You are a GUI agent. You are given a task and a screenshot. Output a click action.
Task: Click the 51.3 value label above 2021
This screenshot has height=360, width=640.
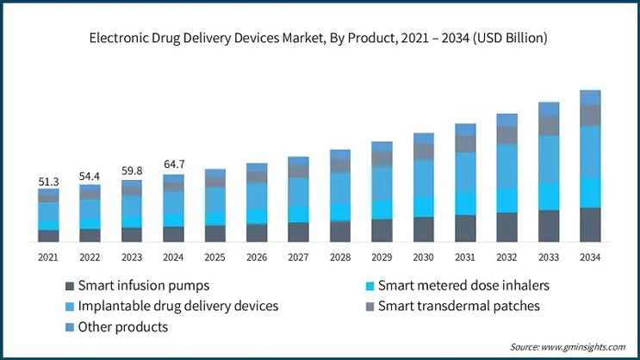point(48,182)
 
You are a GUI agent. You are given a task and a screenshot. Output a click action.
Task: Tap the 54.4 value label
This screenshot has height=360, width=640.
point(90,177)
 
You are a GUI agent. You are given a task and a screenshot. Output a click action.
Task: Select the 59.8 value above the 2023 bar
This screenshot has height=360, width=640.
point(132,171)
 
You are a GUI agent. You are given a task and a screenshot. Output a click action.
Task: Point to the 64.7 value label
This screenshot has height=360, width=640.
point(173,164)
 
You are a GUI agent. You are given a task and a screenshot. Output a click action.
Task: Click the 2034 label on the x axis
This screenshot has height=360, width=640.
point(590,257)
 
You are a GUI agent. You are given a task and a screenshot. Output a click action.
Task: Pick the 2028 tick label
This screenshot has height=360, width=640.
point(340,257)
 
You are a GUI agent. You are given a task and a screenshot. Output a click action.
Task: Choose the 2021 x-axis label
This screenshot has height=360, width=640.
point(48,257)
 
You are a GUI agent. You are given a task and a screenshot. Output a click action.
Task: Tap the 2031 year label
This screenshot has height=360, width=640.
point(465,257)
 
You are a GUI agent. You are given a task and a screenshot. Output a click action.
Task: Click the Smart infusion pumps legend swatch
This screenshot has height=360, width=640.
point(68,285)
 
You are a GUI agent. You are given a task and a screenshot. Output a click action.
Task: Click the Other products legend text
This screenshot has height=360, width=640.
point(123,327)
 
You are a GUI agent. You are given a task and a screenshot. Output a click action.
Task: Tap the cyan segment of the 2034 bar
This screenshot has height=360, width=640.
point(590,192)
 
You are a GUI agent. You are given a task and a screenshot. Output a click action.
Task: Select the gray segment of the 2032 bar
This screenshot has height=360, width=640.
point(507,135)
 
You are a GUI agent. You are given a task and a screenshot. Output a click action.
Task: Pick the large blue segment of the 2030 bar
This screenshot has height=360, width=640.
point(424,177)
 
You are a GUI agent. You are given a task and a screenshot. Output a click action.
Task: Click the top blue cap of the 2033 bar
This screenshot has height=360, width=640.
point(549,109)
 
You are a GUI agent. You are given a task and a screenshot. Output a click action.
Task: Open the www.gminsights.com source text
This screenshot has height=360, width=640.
point(582,346)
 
